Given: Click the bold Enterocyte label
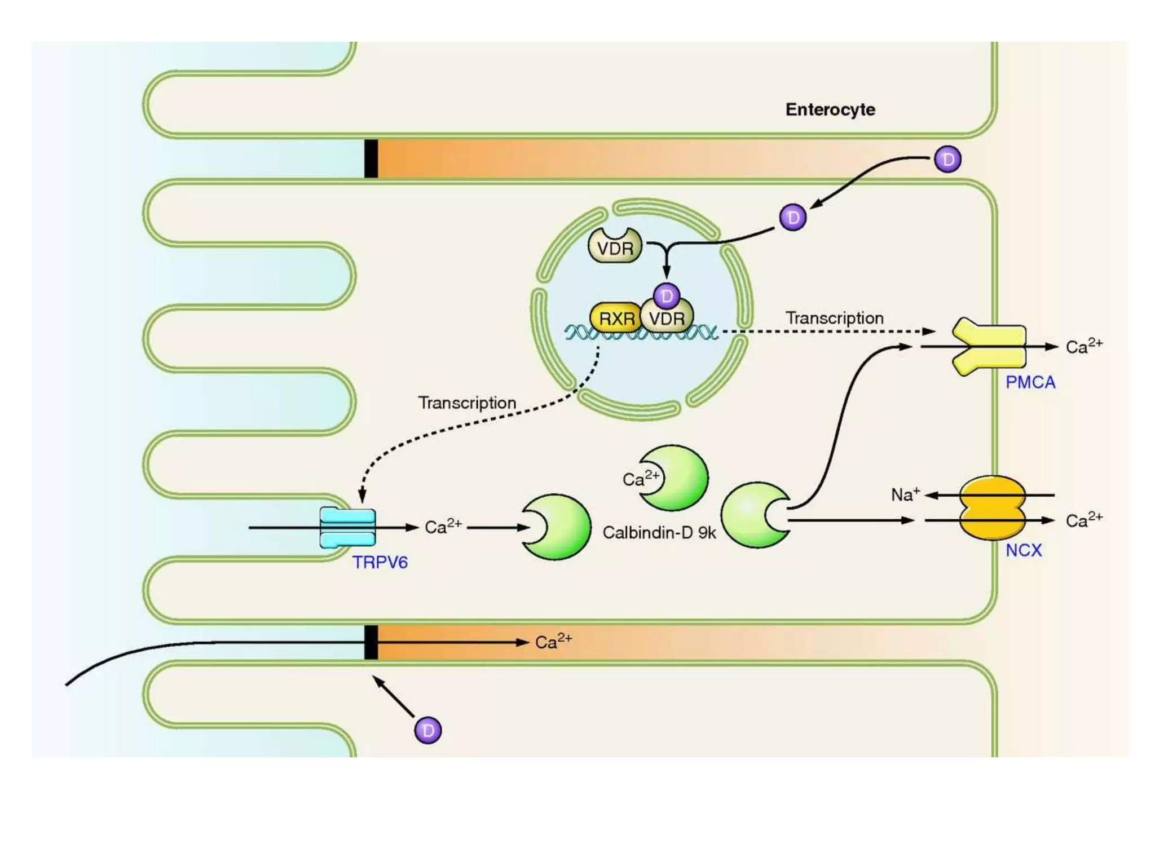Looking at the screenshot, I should [x=830, y=109].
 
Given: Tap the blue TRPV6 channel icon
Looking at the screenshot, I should [x=347, y=527].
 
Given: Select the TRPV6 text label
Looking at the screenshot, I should [x=380, y=562].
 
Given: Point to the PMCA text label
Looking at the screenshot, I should [x=1030, y=382].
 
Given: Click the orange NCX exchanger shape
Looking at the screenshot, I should [x=993, y=507].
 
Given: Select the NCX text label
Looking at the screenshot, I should [x=1023, y=550].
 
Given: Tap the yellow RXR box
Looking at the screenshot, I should [x=615, y=319].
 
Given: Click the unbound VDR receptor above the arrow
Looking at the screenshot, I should [x=615, y=247].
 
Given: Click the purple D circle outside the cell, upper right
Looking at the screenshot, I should [x=947, y=160].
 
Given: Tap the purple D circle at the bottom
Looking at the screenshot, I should [x=427, y=730].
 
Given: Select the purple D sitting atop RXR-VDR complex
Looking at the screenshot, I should [x=666, y=295].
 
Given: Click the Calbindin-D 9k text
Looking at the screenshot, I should [x=659, y=532].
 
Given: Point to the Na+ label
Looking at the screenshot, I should [x=905, y=494].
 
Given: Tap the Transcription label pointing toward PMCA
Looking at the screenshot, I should [x=834, y=318].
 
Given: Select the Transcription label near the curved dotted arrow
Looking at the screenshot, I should [x=466, y=403].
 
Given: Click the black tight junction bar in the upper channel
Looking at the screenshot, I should [x=371, y=158].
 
